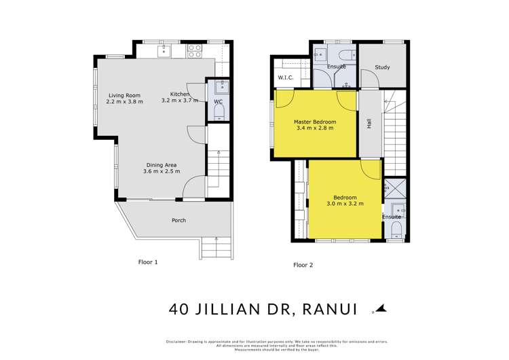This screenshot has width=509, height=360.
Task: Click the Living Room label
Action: [124, 94]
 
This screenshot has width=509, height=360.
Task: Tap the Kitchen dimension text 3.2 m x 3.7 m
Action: [180, 101]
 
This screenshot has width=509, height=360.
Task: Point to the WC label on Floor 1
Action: [219, 102]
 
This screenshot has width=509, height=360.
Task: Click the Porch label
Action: [178, 220]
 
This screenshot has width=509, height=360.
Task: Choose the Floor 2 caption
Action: [303, 265]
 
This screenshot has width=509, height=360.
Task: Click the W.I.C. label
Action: [285, 78]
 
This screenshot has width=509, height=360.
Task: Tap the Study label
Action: [382, 67]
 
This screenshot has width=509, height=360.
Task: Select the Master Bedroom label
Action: [314, 122]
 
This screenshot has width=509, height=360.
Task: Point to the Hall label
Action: [369, 124]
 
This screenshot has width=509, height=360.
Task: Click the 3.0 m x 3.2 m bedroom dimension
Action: [345, 203]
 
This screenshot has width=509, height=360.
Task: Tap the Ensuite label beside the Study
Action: [337, 67]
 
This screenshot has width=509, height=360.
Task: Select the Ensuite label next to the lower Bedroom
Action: [392, 217]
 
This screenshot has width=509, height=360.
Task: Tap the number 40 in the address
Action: [179, 309]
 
